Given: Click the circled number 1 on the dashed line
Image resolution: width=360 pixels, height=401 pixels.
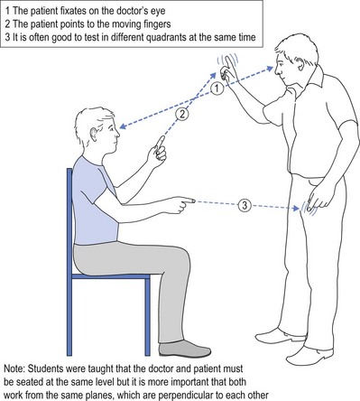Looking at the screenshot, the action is tap(217, 89).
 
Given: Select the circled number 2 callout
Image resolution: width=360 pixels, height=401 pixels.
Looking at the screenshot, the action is tap(182, 114).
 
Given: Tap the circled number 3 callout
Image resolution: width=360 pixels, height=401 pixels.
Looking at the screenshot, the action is tap(245, 205).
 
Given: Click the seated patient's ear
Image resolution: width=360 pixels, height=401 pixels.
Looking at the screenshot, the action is tap(94, 134).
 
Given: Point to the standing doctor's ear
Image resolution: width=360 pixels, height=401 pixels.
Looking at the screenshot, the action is tap(299, 63).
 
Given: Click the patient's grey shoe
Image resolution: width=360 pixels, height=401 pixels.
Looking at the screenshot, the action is tap(184, 349).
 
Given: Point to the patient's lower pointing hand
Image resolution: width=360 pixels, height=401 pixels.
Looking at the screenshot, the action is tap(180, 204).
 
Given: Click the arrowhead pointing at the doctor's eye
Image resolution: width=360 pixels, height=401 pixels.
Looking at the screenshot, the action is tap(269, 69).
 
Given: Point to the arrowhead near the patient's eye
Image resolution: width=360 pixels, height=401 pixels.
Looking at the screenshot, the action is tap(124, 126).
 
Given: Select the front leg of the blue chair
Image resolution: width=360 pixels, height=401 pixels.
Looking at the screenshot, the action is tap(147, 317).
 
